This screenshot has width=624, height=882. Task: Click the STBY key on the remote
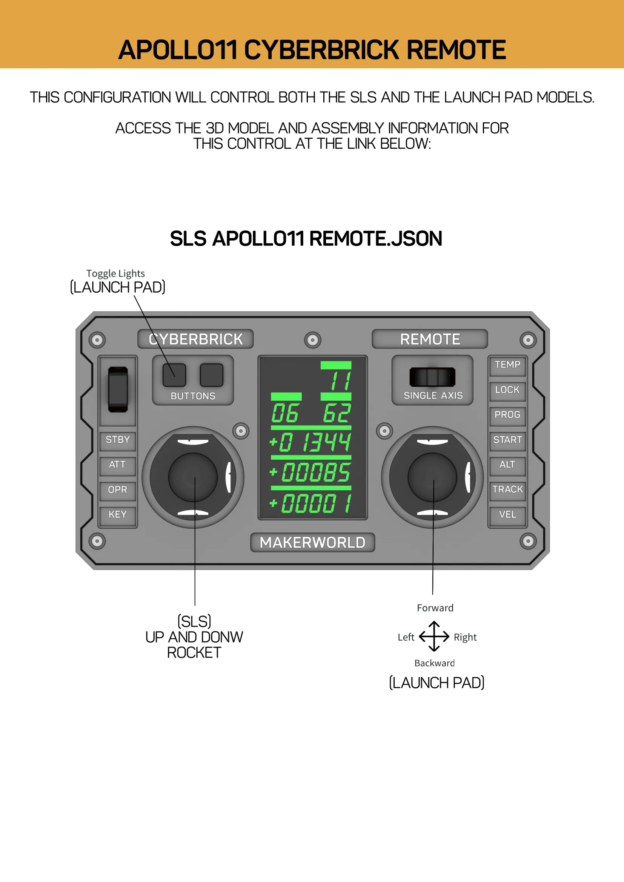pos(118,440)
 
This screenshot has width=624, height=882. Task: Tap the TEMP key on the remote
pos(507,365)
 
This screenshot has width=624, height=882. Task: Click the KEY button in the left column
pos(118,515)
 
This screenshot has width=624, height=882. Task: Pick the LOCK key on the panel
pos(507,390)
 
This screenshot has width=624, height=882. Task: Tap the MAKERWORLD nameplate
pos(312,542)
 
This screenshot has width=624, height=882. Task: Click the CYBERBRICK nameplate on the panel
pos(195,339)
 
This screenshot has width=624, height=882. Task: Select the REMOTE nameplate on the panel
pos(430,339)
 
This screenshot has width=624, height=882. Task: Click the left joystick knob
pos(193,477)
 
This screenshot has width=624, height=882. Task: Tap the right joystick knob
pos(432,477)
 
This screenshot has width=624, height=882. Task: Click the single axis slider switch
pos(432,377)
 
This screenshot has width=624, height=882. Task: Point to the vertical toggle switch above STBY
pos(118,390)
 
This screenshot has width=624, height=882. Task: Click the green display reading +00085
pos(310,472)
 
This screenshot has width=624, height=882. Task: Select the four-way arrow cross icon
pos(434,637)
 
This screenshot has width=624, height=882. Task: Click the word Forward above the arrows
pos(435,608)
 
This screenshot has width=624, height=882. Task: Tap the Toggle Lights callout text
pos(116,273)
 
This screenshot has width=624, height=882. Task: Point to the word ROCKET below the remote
pos(194,653)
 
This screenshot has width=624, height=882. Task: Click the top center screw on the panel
pos(313,340)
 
